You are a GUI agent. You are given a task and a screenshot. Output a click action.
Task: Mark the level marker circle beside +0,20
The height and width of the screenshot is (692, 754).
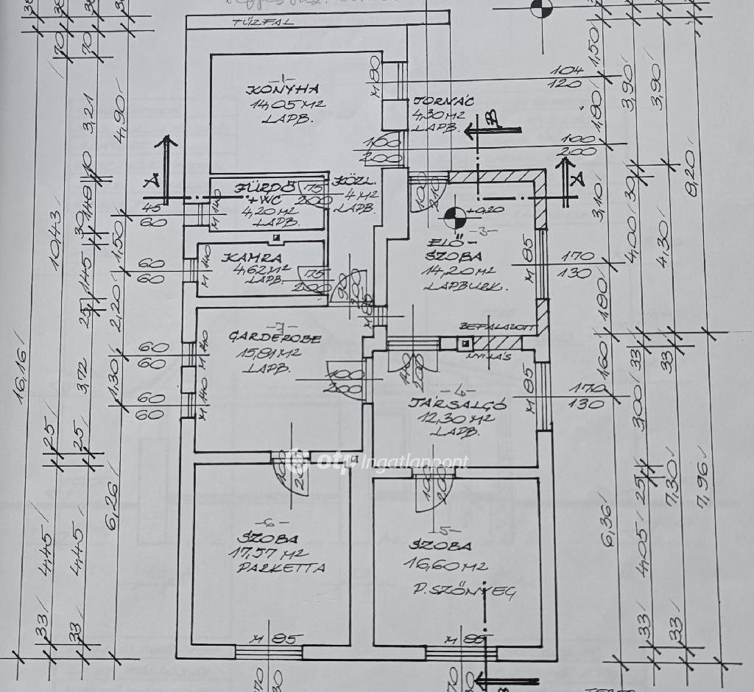[454, 216]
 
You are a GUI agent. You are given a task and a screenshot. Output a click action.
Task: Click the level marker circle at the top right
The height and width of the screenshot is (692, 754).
[541, 7]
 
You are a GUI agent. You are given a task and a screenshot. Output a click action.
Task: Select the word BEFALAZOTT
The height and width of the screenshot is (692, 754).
[485, 325]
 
